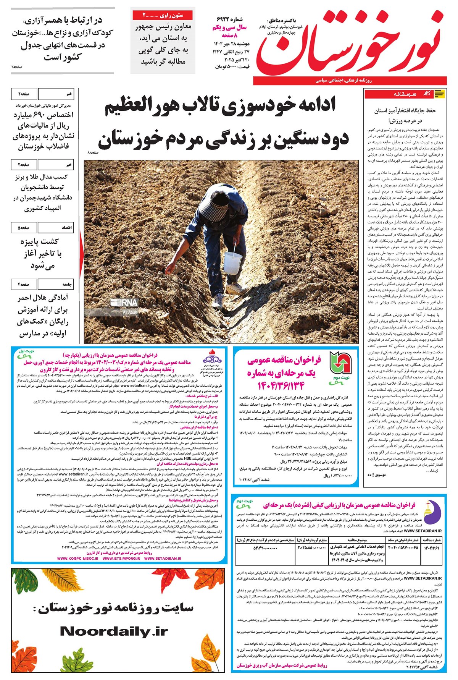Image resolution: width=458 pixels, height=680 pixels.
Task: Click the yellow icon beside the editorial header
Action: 439,94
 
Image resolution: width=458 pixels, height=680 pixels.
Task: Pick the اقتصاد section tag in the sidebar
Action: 67,228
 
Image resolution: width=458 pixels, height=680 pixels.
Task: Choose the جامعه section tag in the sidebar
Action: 67,285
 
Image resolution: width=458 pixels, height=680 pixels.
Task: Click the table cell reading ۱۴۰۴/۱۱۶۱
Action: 431,548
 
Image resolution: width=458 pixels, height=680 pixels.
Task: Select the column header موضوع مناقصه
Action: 357,540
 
